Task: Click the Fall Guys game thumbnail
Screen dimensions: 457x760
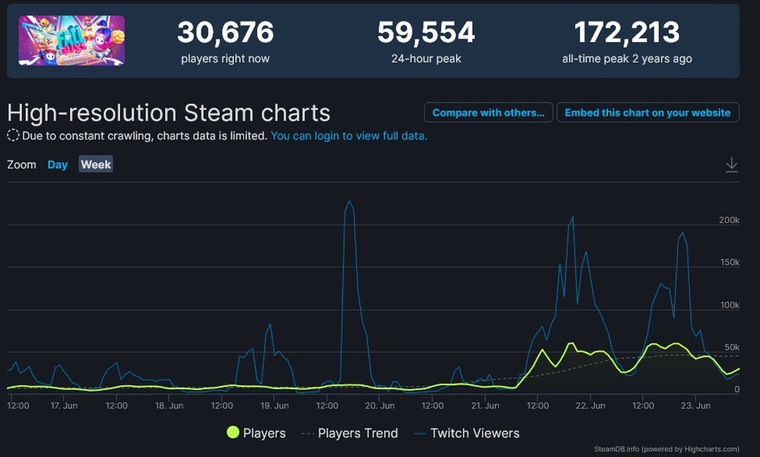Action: (72, 41)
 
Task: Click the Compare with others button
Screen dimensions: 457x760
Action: (488, 113)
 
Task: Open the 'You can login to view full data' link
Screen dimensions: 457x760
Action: (349, 136)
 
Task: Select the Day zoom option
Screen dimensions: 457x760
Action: (58, 165)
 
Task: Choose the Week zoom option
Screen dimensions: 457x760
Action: (96, 165)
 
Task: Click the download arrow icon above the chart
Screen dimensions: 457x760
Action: (731, 165)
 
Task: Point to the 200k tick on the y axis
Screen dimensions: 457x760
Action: (729, 220)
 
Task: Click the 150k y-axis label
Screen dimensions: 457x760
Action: (729, 262)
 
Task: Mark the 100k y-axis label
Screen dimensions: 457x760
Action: (729, 305)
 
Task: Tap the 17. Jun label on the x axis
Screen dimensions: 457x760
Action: (63, 405)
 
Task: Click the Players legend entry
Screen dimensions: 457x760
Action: (256, 434)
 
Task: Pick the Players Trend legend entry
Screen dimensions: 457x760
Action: (350, 434)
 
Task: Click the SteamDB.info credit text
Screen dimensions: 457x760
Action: (666, 449)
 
